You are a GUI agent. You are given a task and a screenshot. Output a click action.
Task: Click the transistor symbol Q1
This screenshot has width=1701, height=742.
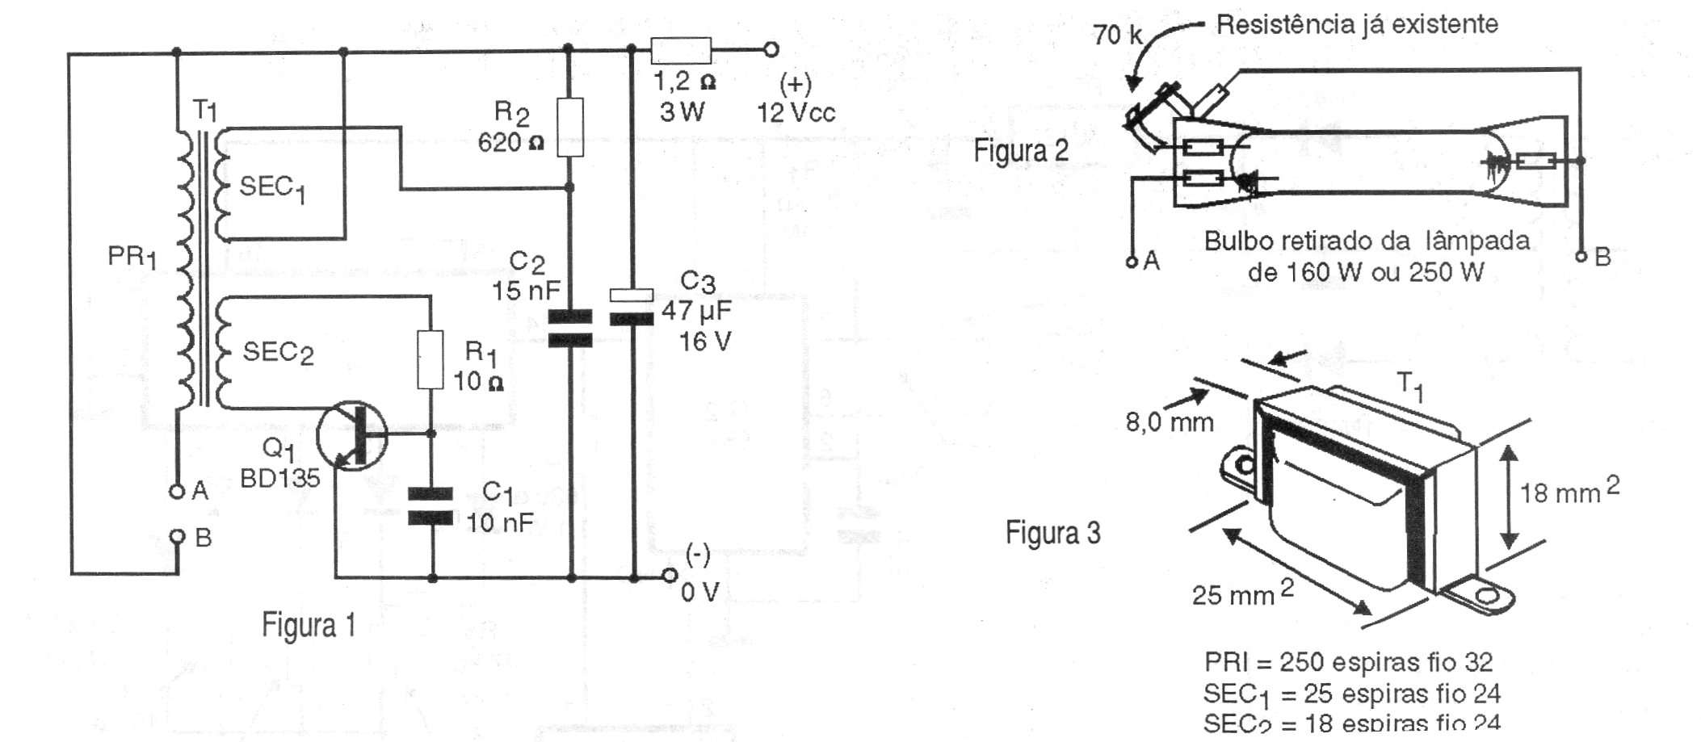pyautogui.click(x=353, y=437)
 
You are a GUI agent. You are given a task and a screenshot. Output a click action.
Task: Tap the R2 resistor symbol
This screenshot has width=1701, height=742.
pyautogui.click(x=570, y=128)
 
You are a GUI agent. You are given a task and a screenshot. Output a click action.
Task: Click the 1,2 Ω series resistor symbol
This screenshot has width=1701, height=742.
pyautogui.click(x=681, y=51)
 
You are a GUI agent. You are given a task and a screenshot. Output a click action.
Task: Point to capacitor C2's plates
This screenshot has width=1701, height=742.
pyautogui.click(x=570, y=328)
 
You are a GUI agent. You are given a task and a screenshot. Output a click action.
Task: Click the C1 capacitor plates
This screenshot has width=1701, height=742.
pyautogui.click(x=430, y=505)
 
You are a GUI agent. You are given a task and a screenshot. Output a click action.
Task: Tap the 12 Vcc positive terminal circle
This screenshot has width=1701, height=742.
pyautogui.click(x=771, y=50)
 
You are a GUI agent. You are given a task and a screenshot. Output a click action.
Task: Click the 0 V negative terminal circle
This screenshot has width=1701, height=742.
pyautogui.click(x=669, y=576)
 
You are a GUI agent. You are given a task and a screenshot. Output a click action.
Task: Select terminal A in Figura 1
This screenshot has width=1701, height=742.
pyautogui.click(x=176, y=491)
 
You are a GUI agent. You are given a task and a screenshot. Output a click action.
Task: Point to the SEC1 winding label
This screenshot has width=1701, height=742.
pyautogui.click(x=272, y=190)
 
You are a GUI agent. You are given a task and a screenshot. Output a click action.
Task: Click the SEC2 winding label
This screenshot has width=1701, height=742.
pyautogui.click(x=278, y=353)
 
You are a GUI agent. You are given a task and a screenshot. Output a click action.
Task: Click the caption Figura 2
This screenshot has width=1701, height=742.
pyautogui.click(x=1021, y=151)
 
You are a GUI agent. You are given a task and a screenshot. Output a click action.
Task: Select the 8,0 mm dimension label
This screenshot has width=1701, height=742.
pyautogui.click(x=1170, y=421)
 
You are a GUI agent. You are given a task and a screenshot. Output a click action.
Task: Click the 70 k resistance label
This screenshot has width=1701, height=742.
pyautogui.click(x=1118, y=35)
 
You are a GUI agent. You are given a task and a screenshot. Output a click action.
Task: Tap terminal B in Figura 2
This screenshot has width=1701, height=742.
pyautogui.click(x=1581, y=258)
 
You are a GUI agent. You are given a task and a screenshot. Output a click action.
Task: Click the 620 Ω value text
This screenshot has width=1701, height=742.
pyautogui.click(x=510, y=144)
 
